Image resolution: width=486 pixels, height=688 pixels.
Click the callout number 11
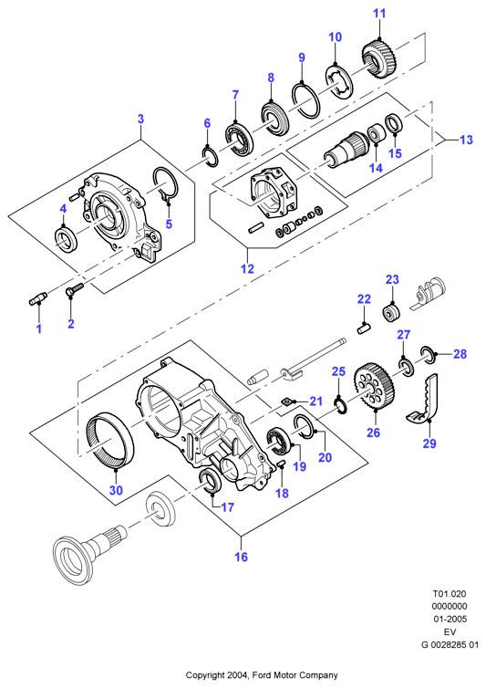pos(379,14)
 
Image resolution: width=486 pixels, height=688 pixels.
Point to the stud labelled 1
pos(38,299)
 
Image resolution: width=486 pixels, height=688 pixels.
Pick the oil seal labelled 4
pos(66,239)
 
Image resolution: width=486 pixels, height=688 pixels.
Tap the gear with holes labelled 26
pos(374,389)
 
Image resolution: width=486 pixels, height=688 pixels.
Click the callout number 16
pos(242,557)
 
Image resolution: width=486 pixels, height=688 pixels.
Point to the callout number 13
pos(466,140)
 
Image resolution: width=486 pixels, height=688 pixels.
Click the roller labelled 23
pos(392,312)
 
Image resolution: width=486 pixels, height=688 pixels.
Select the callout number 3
pos(140,119)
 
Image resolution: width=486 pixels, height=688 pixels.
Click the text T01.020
pos(450,594)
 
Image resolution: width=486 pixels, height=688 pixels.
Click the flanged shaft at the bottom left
pos(89,550)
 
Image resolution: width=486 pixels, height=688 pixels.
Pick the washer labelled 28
pos(428,355)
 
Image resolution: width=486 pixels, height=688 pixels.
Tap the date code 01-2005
pos(450,620)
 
